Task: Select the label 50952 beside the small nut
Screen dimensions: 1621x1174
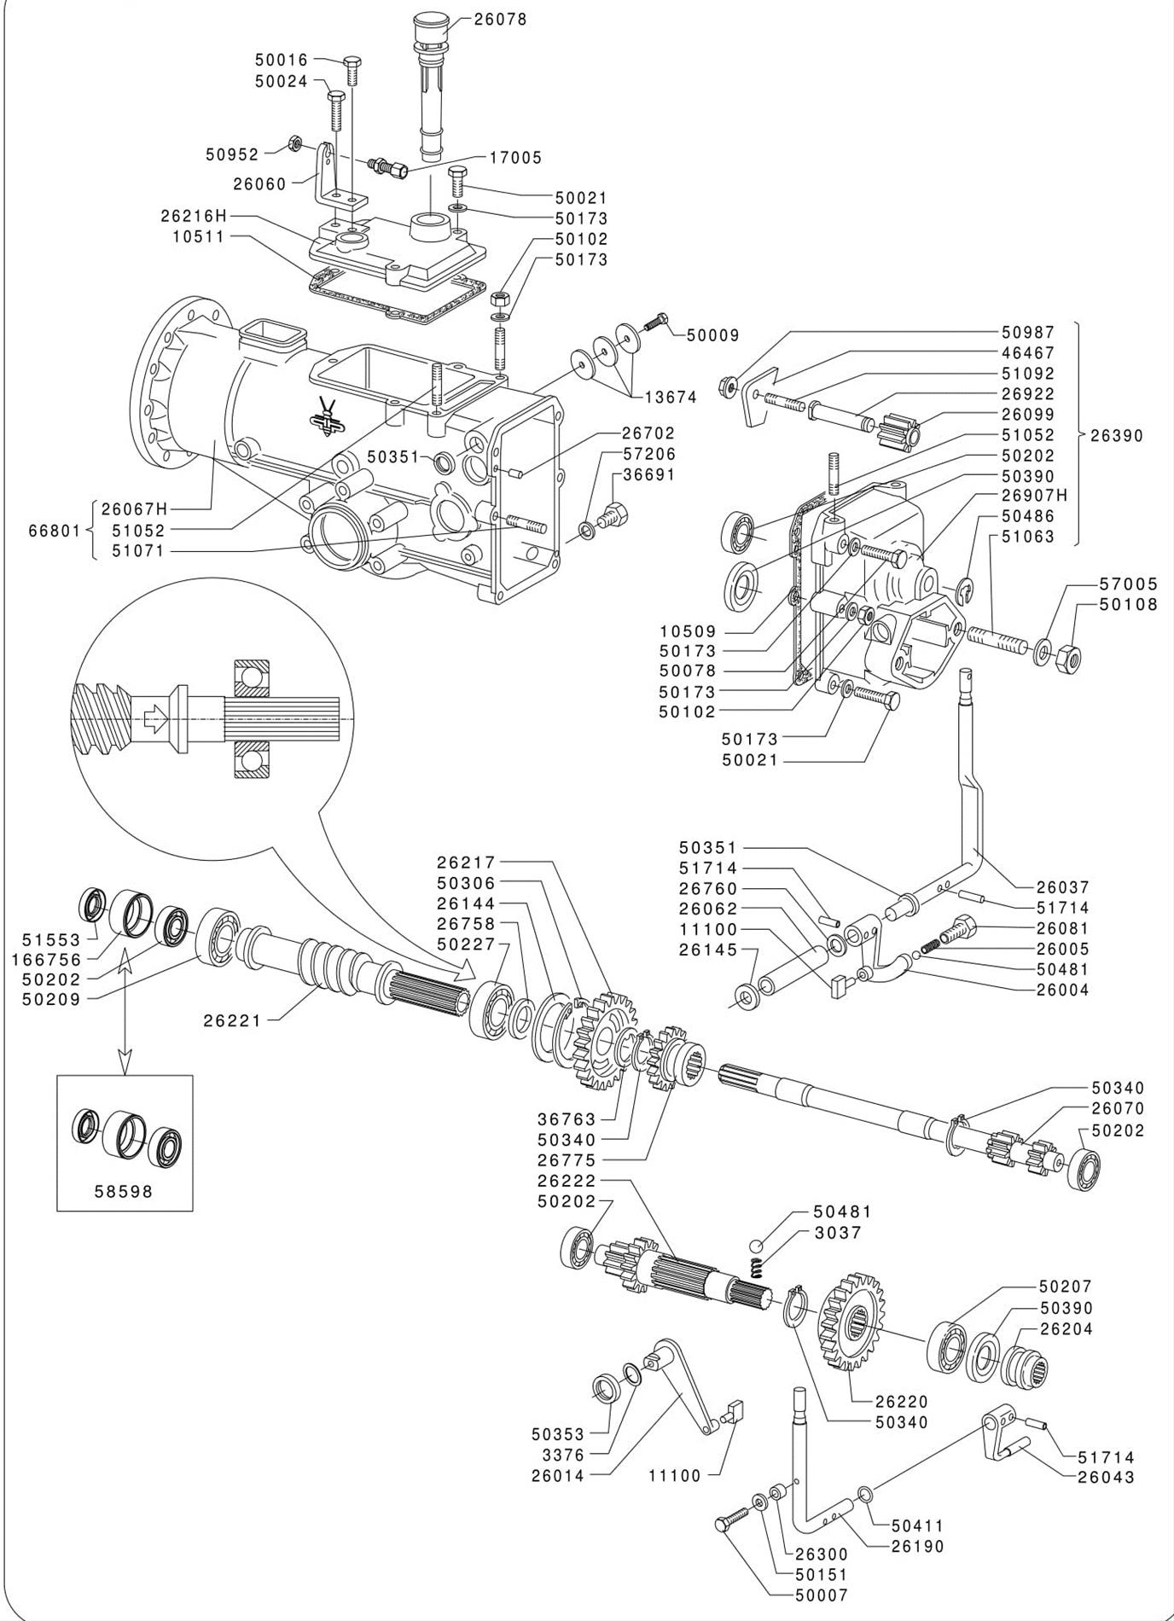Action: [232, 154]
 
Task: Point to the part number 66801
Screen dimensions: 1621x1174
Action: [55, 531]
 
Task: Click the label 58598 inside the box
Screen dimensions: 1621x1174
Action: [124, 1191]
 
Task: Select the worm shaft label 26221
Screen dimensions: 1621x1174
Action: [231, 1020]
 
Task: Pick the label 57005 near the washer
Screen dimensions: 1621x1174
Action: [1129, 584]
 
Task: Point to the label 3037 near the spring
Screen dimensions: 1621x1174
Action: [837, 1232]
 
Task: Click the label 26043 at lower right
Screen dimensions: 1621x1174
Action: [1106, 1478]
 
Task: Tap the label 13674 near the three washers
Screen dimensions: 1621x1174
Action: [671, 397]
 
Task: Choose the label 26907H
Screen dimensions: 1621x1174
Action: [1034, 496]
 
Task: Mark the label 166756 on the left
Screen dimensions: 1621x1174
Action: [46, 960]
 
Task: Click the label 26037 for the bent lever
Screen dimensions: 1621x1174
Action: [1062, 887]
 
